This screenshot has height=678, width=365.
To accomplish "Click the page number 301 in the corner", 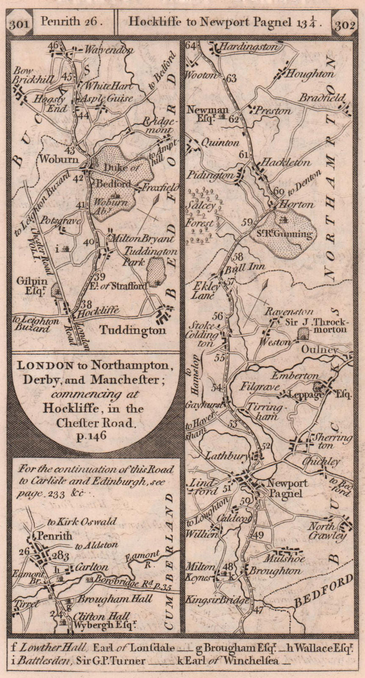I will [x=19, y=23].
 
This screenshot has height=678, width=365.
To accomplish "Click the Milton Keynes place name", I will [x=202, y=572].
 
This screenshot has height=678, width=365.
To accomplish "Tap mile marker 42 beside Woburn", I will [x=78, y=178].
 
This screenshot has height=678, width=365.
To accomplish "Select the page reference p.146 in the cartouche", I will [x=92, y=434].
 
